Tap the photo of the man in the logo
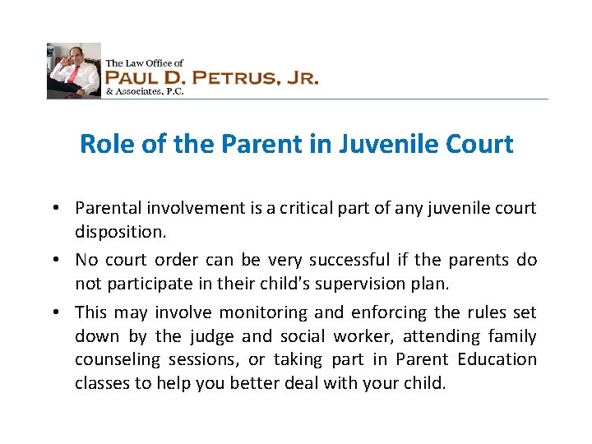coord(73,71)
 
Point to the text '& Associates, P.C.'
coord(144,92)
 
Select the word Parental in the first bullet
coord(104,208)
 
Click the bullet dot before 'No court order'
coord(62,261)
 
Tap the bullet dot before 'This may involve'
coord(62,313)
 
